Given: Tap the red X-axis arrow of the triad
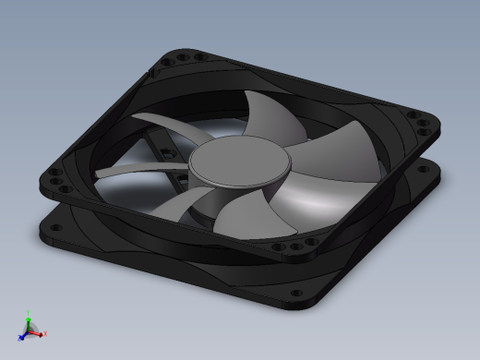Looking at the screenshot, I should coord(38,332).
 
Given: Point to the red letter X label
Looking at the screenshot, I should coord(44,333).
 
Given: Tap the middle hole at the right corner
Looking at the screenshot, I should coord(424,123).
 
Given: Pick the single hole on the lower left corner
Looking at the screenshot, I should coord(46,233).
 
